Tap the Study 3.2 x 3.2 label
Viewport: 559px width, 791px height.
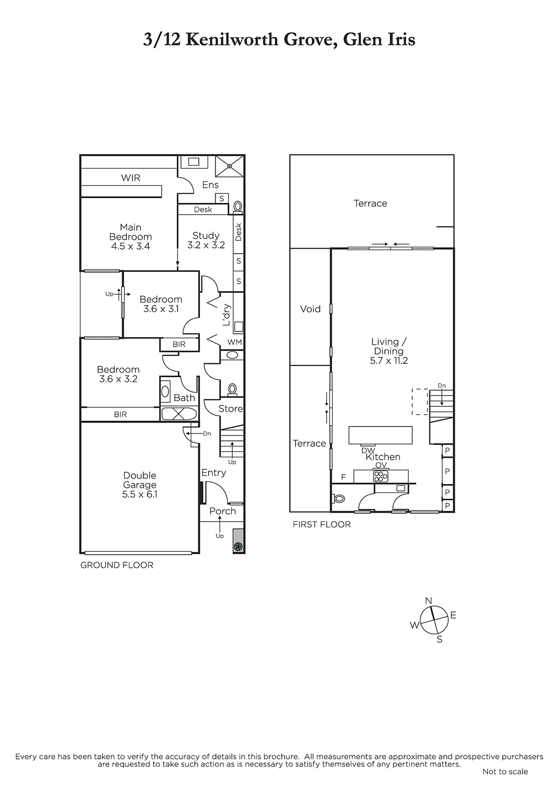tap(206, 240)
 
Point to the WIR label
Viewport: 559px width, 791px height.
tap(130, 178)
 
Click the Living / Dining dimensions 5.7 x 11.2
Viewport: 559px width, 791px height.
tap(389, 360)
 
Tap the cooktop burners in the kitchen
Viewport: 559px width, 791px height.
tap(381, 477)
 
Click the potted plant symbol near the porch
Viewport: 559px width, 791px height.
tap(238, 547)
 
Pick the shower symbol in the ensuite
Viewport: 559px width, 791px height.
tap(229, 166)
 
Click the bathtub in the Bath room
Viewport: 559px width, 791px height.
tap(179, 414)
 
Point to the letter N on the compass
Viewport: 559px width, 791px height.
tap(429, 601)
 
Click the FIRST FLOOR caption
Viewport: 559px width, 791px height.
tap(322, 525)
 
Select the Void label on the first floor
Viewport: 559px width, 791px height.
tap(310, 309)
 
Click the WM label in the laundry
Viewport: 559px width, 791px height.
tap(235, 342)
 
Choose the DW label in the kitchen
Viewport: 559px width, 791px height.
tap(368, 450)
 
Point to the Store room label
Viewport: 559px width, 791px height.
tap(231, 408)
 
